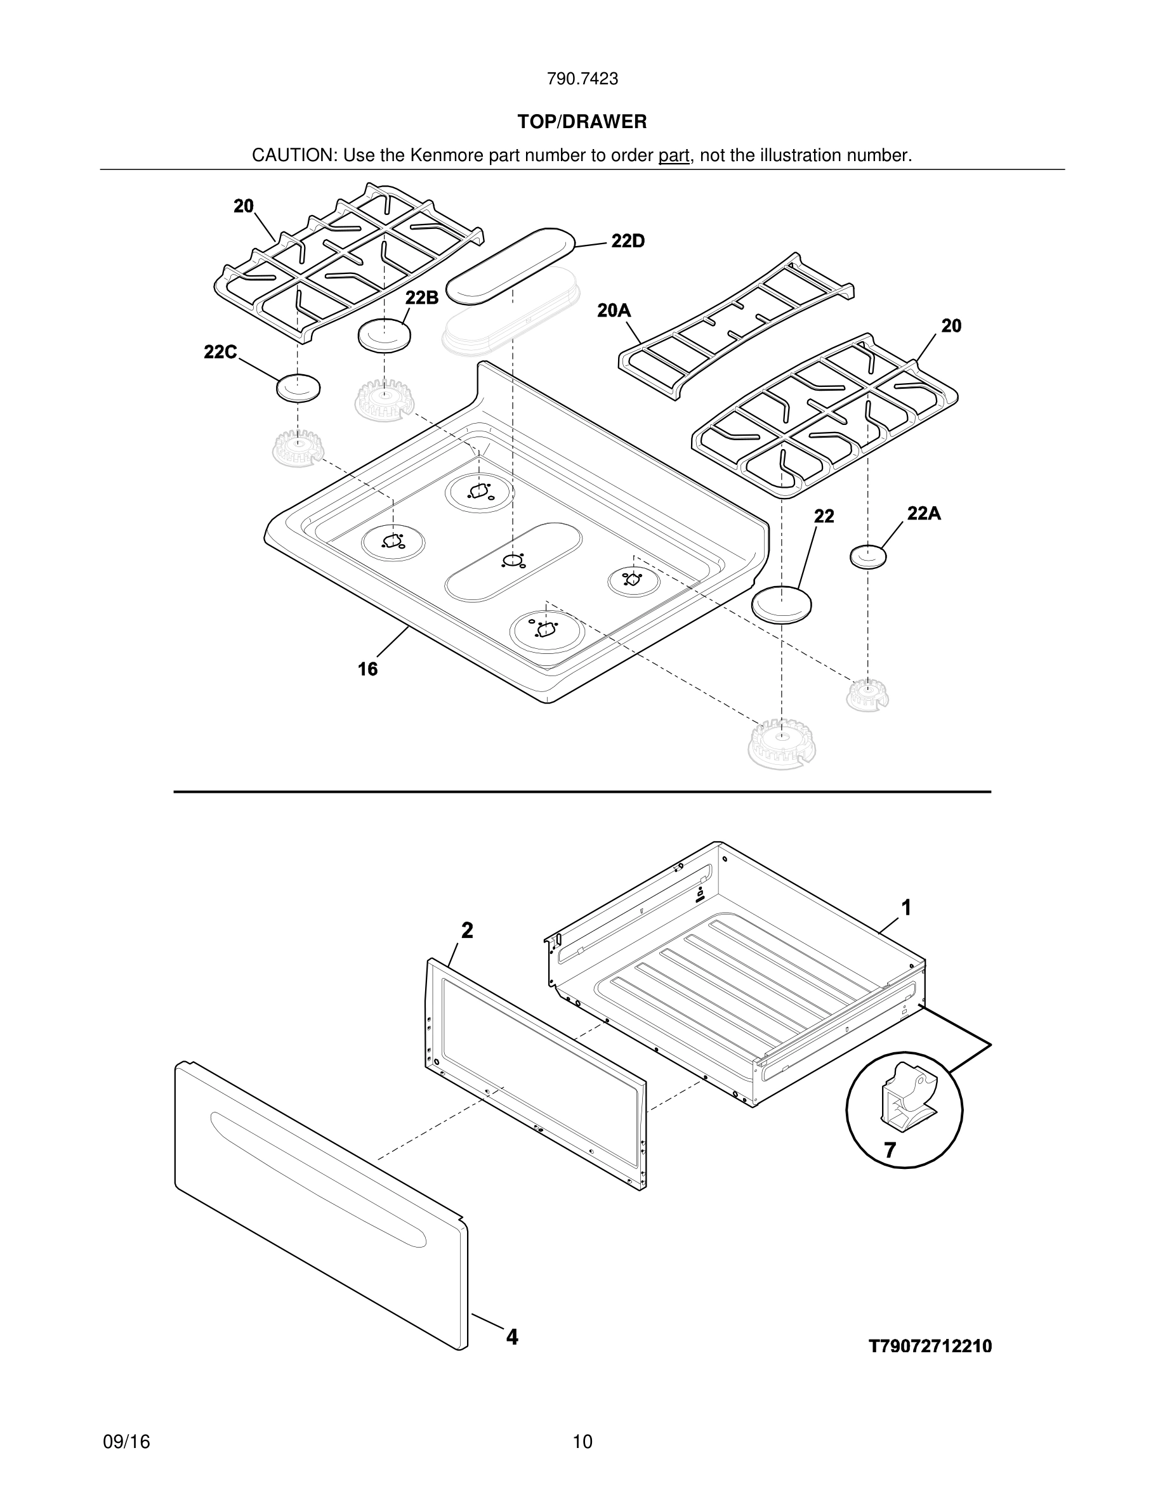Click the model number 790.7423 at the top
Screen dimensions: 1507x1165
(582, 79)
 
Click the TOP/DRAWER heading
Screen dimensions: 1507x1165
(582, 122)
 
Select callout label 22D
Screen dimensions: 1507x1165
(628, 241)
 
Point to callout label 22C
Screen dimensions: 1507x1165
(220, 352)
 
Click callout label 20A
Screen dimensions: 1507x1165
(614, 311)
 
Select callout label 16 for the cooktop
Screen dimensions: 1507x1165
(367, 669)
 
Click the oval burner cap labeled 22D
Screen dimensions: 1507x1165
(511, 266)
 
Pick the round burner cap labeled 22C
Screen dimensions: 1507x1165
(298, 388)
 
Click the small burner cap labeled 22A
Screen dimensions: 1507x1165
(867, 556)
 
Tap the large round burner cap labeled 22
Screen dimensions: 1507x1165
(780, 605)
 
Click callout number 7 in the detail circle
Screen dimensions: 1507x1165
(890, 1151)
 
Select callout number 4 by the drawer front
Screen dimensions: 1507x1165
(511, 1337)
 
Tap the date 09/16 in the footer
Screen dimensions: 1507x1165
(126, 1442)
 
